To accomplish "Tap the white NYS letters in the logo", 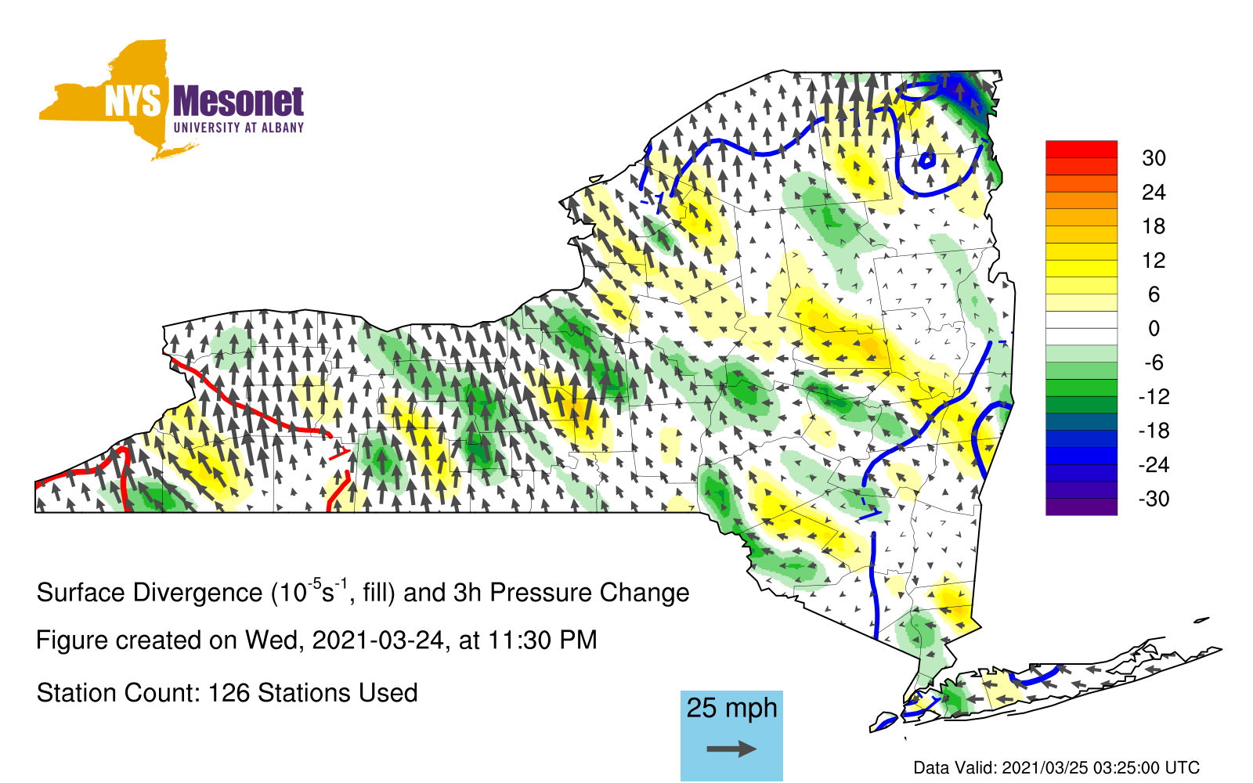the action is [133, 102].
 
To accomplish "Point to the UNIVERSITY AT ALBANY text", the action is [239, 128].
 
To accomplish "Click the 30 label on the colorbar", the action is [1154, 158].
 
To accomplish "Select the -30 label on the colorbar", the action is [1154, 498].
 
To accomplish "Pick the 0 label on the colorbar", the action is [1154, 328].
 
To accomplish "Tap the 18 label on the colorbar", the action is [1154, 226].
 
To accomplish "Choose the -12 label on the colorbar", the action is [1154, 396].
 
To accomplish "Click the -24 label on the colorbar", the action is [1154, 465].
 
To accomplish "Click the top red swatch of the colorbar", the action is [1081, 150].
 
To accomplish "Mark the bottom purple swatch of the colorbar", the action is [1081, 506].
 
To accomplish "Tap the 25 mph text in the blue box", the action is [731, 709].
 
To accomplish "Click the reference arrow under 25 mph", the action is [731, 749].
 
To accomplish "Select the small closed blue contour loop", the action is [927, 161].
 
